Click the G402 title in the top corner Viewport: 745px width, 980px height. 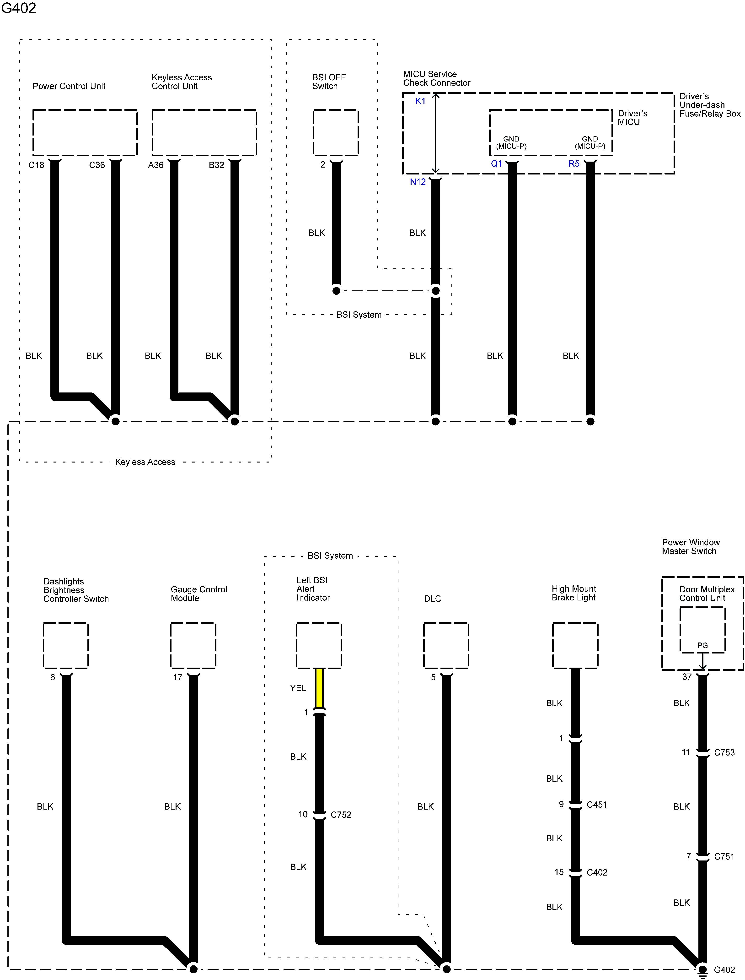click(19, 8)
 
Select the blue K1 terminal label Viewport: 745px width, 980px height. click(420, 101)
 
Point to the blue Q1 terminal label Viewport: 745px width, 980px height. click(496, 164)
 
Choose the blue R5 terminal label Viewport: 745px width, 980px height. click(574, 164)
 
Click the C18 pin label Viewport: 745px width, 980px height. click(36, 165)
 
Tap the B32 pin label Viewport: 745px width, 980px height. click(216, 165)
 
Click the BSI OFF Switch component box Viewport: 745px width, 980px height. click(336, 133)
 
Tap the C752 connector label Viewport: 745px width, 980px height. click(341, 815)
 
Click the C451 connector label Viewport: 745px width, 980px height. click(596, 804)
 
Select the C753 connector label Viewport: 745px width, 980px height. click(724, 752)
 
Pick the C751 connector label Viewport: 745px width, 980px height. click(724, 856)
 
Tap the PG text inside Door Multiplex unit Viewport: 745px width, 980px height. click(702, 646)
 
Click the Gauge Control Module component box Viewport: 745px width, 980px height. click(193, 646)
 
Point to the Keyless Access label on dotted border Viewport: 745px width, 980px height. click(145, 462)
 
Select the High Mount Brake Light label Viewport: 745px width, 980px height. click(573, 593)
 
